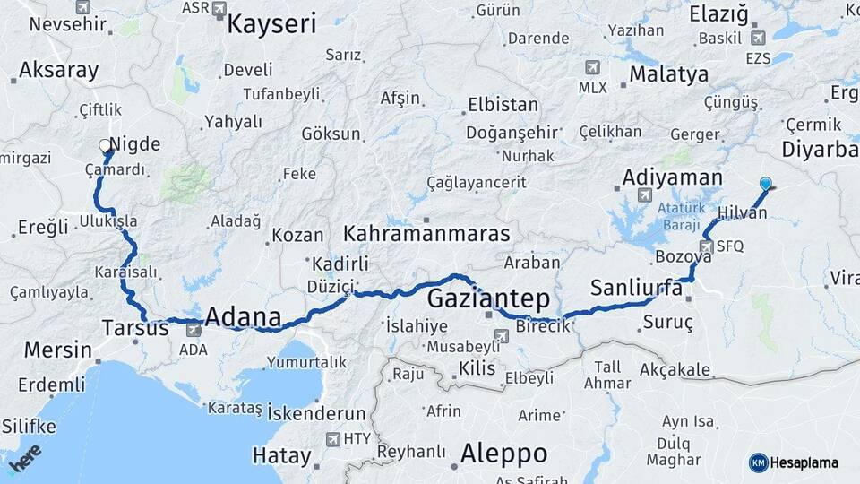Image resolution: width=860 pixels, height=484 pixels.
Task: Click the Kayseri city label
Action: point(271,23)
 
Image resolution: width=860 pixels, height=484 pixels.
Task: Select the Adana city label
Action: point(243,317)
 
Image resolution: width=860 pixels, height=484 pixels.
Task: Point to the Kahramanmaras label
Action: point(426,235)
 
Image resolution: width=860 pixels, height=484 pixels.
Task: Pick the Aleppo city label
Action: point(503,454)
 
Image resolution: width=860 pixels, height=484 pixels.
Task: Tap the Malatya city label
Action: point(668,74)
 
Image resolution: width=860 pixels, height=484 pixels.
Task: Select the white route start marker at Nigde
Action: point(105,144)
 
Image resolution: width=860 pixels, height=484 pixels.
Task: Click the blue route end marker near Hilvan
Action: point(765,184)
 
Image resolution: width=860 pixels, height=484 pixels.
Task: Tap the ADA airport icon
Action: point(193,331)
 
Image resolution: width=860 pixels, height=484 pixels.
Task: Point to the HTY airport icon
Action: point(333,439)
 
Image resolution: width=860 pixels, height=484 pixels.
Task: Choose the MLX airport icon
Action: point(592,68)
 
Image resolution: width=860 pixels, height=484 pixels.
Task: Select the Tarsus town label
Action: point(135,328)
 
